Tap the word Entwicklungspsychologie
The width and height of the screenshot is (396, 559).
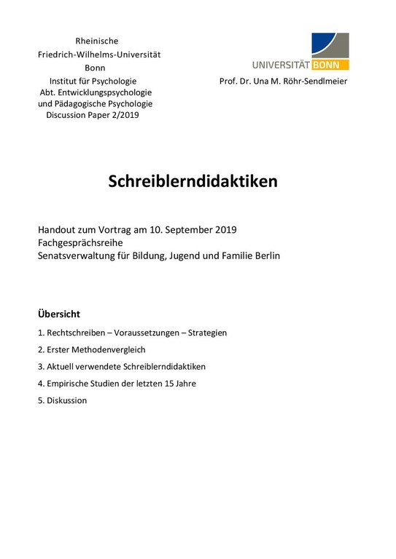click(x=109, y=92)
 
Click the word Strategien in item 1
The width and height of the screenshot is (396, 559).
click(x=208, y=333)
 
